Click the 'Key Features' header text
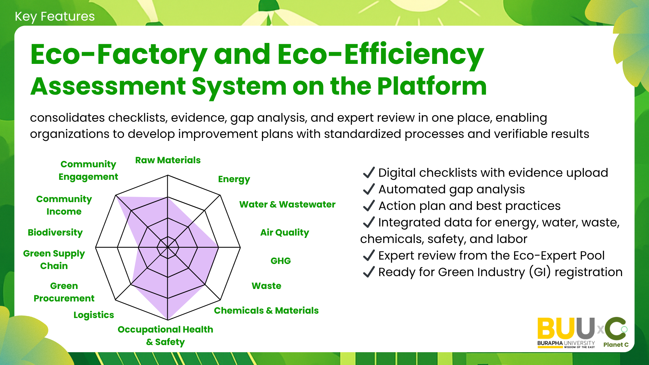55,17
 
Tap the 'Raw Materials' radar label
168,160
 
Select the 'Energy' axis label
234,179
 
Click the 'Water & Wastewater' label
287,204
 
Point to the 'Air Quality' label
285,233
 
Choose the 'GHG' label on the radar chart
281,261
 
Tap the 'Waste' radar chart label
266,286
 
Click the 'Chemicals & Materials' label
266,311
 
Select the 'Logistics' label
94,315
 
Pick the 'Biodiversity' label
55,233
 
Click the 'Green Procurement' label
64,292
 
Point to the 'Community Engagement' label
88,170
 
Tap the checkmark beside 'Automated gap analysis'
369,189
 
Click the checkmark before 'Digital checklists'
369,173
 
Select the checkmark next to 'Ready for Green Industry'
369,272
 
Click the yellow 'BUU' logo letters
557,328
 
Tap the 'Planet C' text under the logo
616,345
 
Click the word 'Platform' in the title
432,87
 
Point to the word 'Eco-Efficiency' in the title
381,55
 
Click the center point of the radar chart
168,247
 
